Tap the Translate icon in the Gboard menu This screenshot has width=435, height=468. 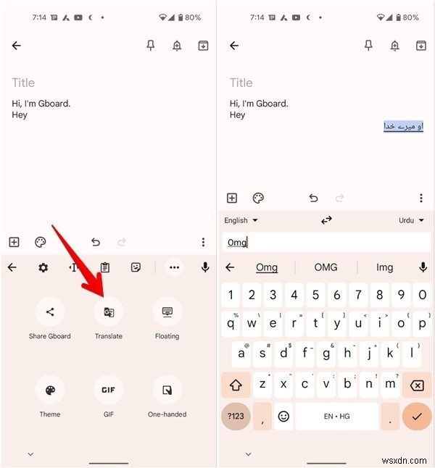tap(108, 312)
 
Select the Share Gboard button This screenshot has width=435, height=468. tap(50, 312)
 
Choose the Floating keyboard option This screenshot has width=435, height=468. tap(167, 312)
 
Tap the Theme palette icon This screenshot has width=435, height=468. tap(50, 390)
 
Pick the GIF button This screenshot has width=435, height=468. tap(108, 390)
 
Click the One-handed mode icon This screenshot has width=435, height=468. tap(167, 390)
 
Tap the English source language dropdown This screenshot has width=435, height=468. tap(241, 220)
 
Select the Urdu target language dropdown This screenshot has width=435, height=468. tap(410, 220)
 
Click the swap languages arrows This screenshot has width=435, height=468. tap(326, 220)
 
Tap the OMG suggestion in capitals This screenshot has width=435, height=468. tap(326, 267)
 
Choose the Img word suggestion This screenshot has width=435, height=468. tap(384, 267)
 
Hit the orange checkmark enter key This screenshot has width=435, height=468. tap(416, 417)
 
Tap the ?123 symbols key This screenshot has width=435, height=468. tap(236, 417)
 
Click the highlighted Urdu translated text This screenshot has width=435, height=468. tap(403, 127)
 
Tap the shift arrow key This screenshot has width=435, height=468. tap(236, 385)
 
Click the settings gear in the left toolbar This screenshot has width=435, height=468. tap(43, 267)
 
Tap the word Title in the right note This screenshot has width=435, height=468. tap(241, 83)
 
